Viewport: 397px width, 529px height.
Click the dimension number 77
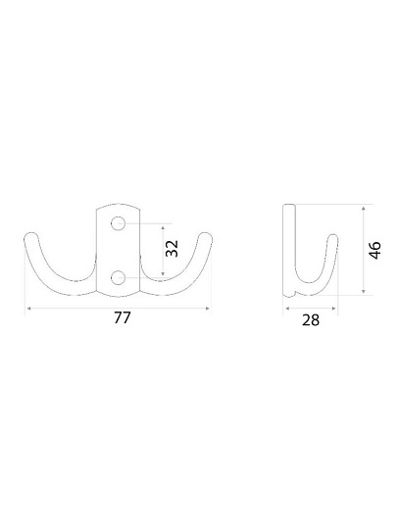coord(122,317)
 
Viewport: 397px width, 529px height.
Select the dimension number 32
coord(172,248)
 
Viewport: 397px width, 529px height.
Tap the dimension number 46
coord(374,250)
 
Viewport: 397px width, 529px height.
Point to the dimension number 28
coord(311,319)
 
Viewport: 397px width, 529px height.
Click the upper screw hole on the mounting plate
coord(119,223)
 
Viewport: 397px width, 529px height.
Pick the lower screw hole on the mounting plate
coord(119,277)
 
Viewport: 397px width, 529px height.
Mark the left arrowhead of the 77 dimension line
coord(29,308)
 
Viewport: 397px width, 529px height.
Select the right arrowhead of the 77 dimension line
coord(207,308)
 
